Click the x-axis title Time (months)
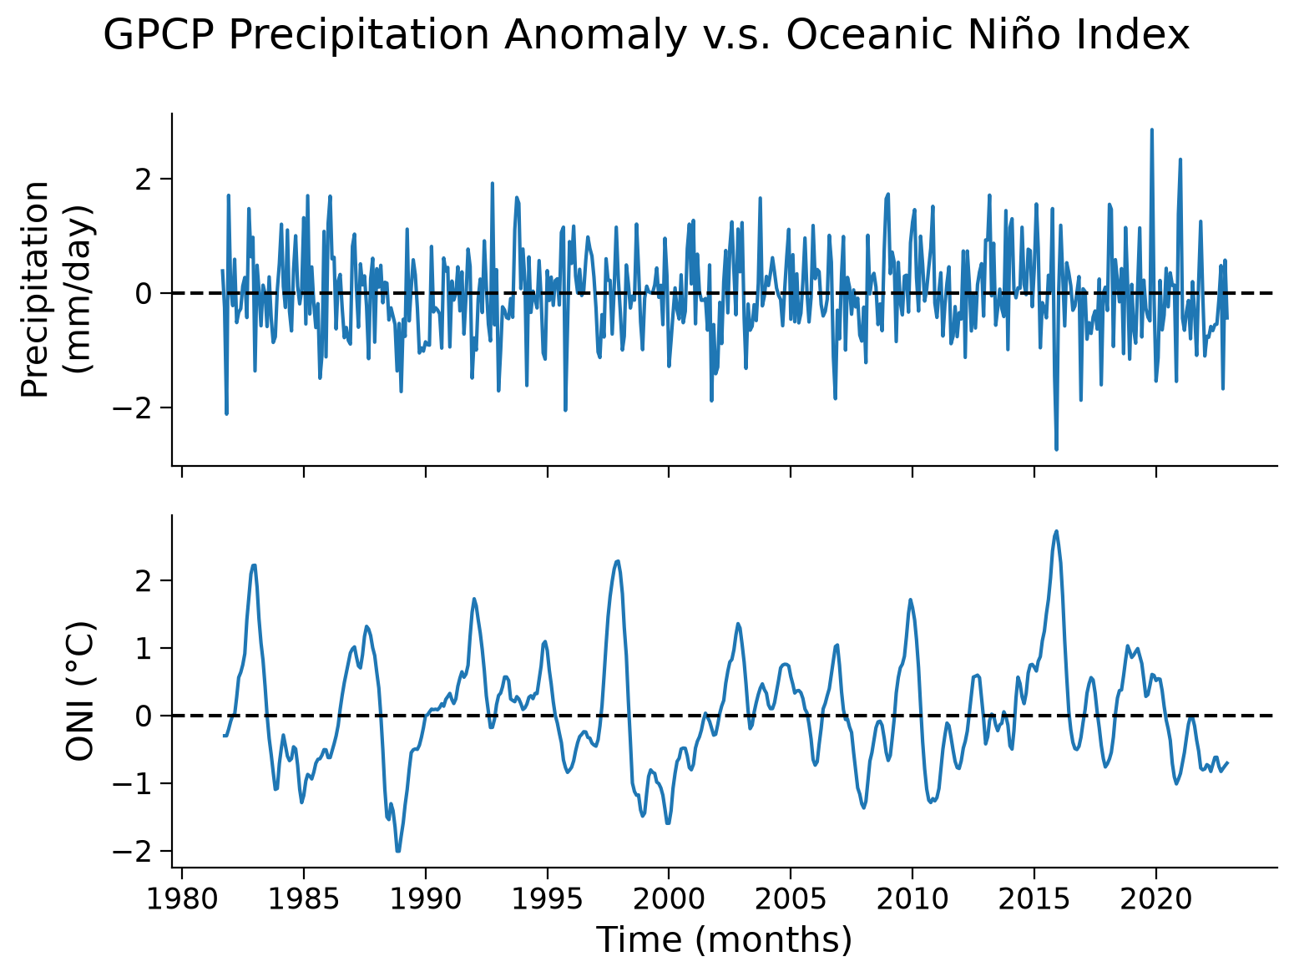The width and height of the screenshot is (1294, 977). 725,941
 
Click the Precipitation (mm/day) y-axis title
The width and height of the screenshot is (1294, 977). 56,289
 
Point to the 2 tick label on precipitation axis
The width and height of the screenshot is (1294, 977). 144,179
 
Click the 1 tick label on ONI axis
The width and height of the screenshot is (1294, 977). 144,648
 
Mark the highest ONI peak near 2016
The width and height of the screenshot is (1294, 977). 1056,531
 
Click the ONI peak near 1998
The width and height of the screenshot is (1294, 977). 617,560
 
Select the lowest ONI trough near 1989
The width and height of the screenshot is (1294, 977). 398,851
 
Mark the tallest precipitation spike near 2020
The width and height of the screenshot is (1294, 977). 1152,129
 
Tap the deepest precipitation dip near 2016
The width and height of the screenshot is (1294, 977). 1056,450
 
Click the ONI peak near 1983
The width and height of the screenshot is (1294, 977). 254,565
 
